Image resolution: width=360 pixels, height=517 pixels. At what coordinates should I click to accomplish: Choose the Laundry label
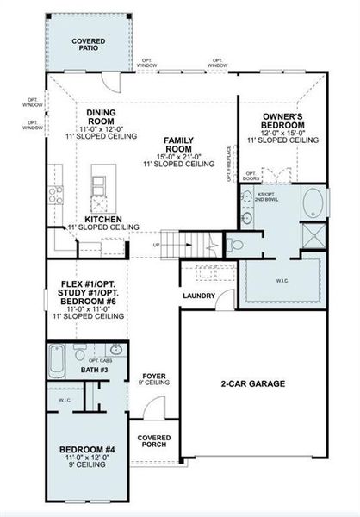click(x=199, y=296)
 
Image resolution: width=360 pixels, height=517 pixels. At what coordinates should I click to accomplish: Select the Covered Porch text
click(x=153, y=440)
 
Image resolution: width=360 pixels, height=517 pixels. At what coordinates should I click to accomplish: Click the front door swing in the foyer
click(x=140, y=431)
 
